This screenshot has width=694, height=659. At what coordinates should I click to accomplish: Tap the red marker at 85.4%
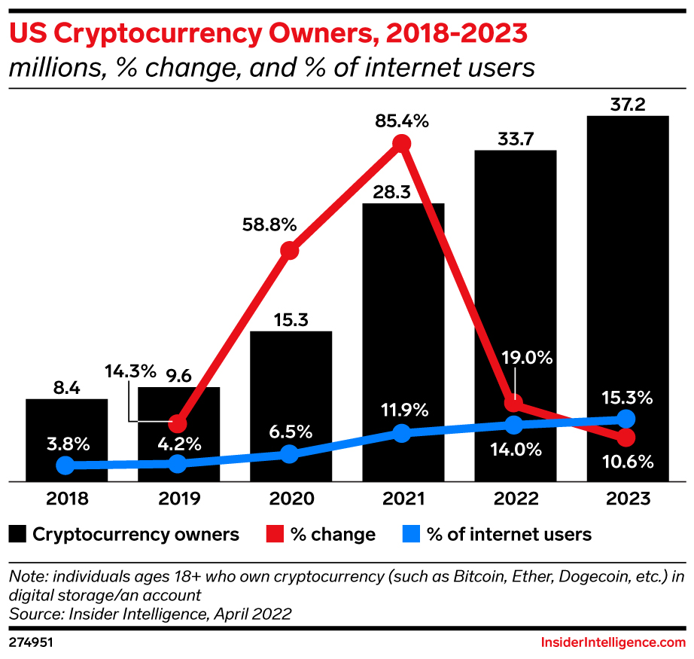[x=402, y=143]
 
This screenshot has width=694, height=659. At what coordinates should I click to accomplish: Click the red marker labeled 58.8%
[x=290, y=251]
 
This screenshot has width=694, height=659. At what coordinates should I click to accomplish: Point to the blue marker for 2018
[x=65, y=465]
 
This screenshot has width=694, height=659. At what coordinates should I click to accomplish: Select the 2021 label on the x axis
[x=402, y=499]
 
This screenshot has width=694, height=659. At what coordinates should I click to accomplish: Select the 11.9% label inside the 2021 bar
[x=402, y=410]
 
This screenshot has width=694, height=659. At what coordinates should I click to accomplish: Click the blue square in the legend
[x=409, y=535]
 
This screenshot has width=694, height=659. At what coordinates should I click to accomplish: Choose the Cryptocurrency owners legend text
[x=135, y=535]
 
